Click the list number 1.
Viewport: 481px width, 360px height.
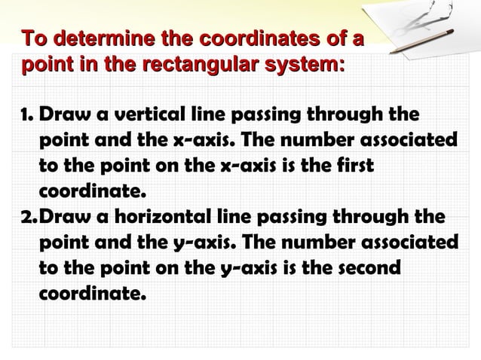point(24,117)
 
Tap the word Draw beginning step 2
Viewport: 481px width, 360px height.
point(64,218)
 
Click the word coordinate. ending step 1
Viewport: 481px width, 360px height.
point(90,190)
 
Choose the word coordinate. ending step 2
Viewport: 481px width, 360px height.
point(90,291)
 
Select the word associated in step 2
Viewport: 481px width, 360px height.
point(405,243)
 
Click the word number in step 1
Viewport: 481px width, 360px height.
point(311,141)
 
